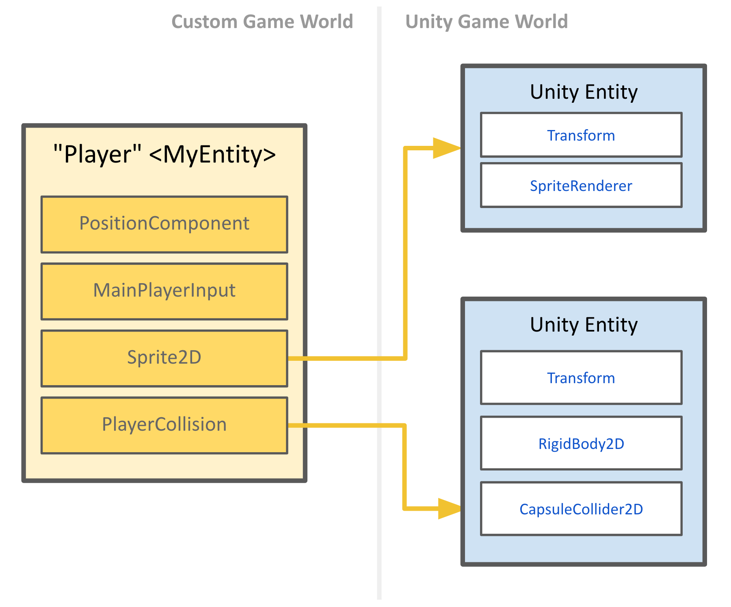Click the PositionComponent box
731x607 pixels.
(x=164, y=224)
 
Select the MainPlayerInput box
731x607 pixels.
(x=164, y=291)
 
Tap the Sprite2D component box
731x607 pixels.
(x=164, y=358)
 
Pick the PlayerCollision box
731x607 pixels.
(x=164, y=425)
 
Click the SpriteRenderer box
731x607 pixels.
(x=581, y=186)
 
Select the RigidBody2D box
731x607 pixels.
(x=581, y=443)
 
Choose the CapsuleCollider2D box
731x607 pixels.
(x=581, y=509)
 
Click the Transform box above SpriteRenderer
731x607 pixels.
(x=581, y=135)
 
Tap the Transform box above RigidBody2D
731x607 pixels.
(x=581, y=377)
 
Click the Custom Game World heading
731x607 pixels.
(x=262, y=22)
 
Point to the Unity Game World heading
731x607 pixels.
(x=487, y=22)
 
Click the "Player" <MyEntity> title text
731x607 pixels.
(x=164, y=155)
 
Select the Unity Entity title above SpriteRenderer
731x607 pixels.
(x=584, y=92)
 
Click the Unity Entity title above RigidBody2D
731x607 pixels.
(x=584, y=325)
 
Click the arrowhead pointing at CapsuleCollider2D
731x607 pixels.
(x=449, y=509)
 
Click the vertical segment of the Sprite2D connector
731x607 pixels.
(x=405, y=252)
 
